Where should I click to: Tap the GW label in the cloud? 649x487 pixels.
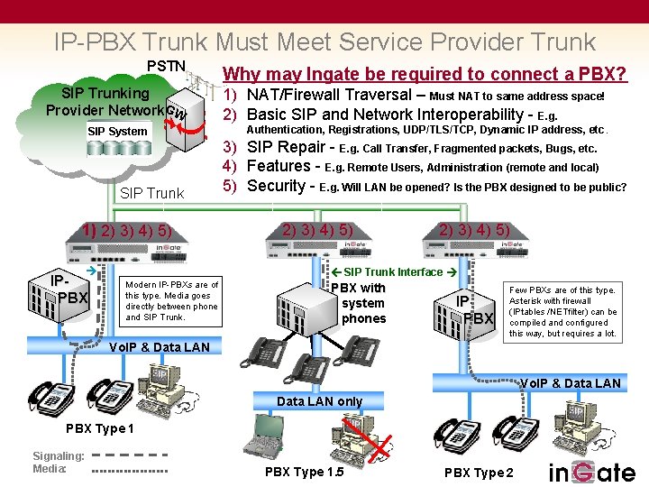[177, 113]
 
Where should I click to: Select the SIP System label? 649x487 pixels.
[117, 132]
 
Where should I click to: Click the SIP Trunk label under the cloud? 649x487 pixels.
[151, 193]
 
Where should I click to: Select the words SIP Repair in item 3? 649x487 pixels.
[288, 147]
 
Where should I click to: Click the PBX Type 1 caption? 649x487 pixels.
[100, 428]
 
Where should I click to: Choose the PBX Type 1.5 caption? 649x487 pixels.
[304, 472]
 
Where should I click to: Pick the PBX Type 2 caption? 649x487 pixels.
[479, 473]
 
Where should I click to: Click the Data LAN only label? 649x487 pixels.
[319, 401]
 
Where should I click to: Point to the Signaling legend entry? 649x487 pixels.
[58, 455]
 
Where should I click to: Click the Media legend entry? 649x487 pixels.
[49, 469]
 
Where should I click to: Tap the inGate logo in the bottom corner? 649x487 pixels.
[591, 472]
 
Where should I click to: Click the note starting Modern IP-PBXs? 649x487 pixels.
[171, 301]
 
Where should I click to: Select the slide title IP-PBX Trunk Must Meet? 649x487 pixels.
[324, 41]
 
